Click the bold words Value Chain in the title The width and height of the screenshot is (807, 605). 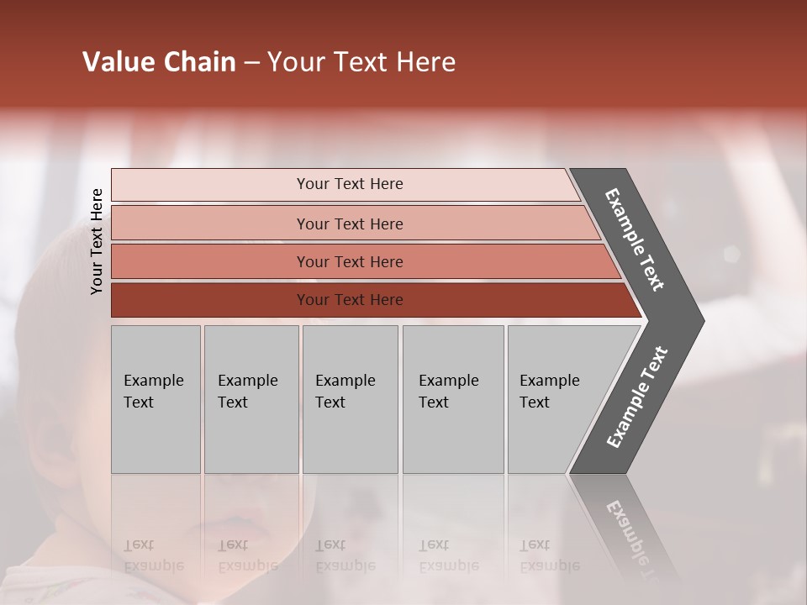[159, 62]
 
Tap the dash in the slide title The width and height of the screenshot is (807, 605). [251, 62]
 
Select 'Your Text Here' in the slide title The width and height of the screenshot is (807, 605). [361, 62]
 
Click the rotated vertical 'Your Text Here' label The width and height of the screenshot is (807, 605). [97, 241]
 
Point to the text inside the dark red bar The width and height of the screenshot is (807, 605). [350, 300]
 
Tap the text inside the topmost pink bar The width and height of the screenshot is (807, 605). [350, 184]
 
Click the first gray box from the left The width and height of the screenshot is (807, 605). [156, 399]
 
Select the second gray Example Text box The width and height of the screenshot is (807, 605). [251, 399]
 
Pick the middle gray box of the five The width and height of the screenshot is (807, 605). [350, 399]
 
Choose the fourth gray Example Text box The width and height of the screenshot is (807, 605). [453, 399]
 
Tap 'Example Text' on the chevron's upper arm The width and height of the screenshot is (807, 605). [635, 239]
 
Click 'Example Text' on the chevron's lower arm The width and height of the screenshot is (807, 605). [636, 397]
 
